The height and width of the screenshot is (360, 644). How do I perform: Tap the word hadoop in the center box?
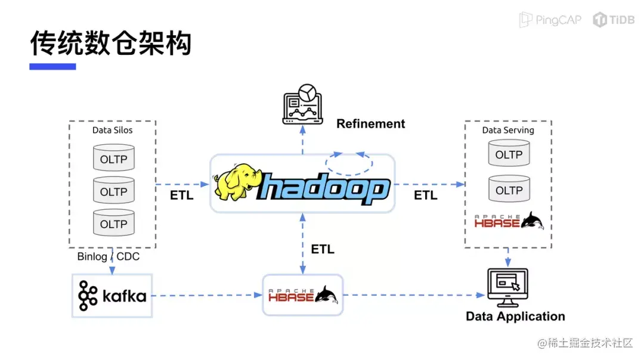(324, 188)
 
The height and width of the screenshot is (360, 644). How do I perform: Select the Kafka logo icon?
(88, 296)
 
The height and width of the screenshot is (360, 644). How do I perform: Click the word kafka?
(125, 296)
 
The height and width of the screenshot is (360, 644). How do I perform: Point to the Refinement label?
(370, 123)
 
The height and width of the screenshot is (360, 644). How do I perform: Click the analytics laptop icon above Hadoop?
(303, 104)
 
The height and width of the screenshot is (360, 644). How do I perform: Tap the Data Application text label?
(515, 316)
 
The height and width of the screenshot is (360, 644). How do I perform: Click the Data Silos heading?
(112, 130)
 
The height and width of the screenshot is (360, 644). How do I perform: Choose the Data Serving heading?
(508, 130)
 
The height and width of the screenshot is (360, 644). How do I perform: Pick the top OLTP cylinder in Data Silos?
(114, 157)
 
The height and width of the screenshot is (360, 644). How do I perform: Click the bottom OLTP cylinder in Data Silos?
(114, 222)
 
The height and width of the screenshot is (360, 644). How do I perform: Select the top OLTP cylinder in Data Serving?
(509, 153)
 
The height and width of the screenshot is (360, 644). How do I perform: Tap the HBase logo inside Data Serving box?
(509, 221)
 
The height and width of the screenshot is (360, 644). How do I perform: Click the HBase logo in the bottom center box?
(303, 294)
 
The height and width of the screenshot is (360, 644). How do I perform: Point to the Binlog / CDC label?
(109, 256)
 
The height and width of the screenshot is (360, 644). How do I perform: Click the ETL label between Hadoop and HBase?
(323, 249)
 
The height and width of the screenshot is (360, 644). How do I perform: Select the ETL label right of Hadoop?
(426, 195)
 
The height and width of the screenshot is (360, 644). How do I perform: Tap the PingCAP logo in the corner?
(550, 19)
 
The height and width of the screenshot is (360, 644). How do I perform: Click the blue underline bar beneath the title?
(52, 67)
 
